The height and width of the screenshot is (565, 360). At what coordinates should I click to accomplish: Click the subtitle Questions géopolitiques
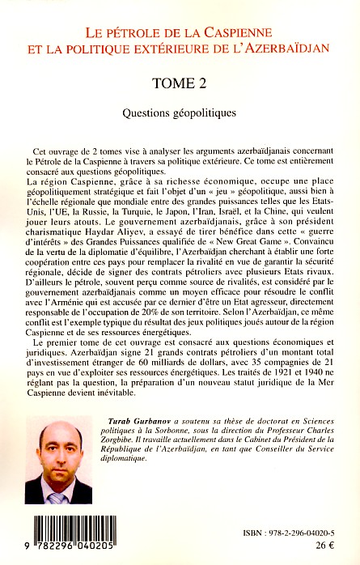tap(180, 113)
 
